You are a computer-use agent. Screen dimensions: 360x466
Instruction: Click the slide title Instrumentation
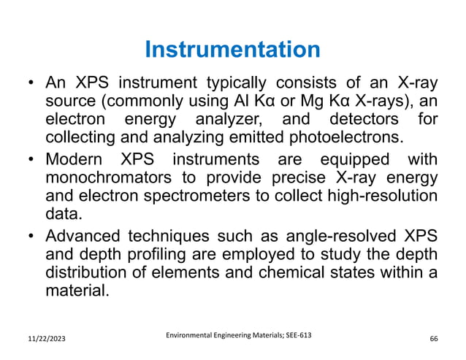pos(232,50)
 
